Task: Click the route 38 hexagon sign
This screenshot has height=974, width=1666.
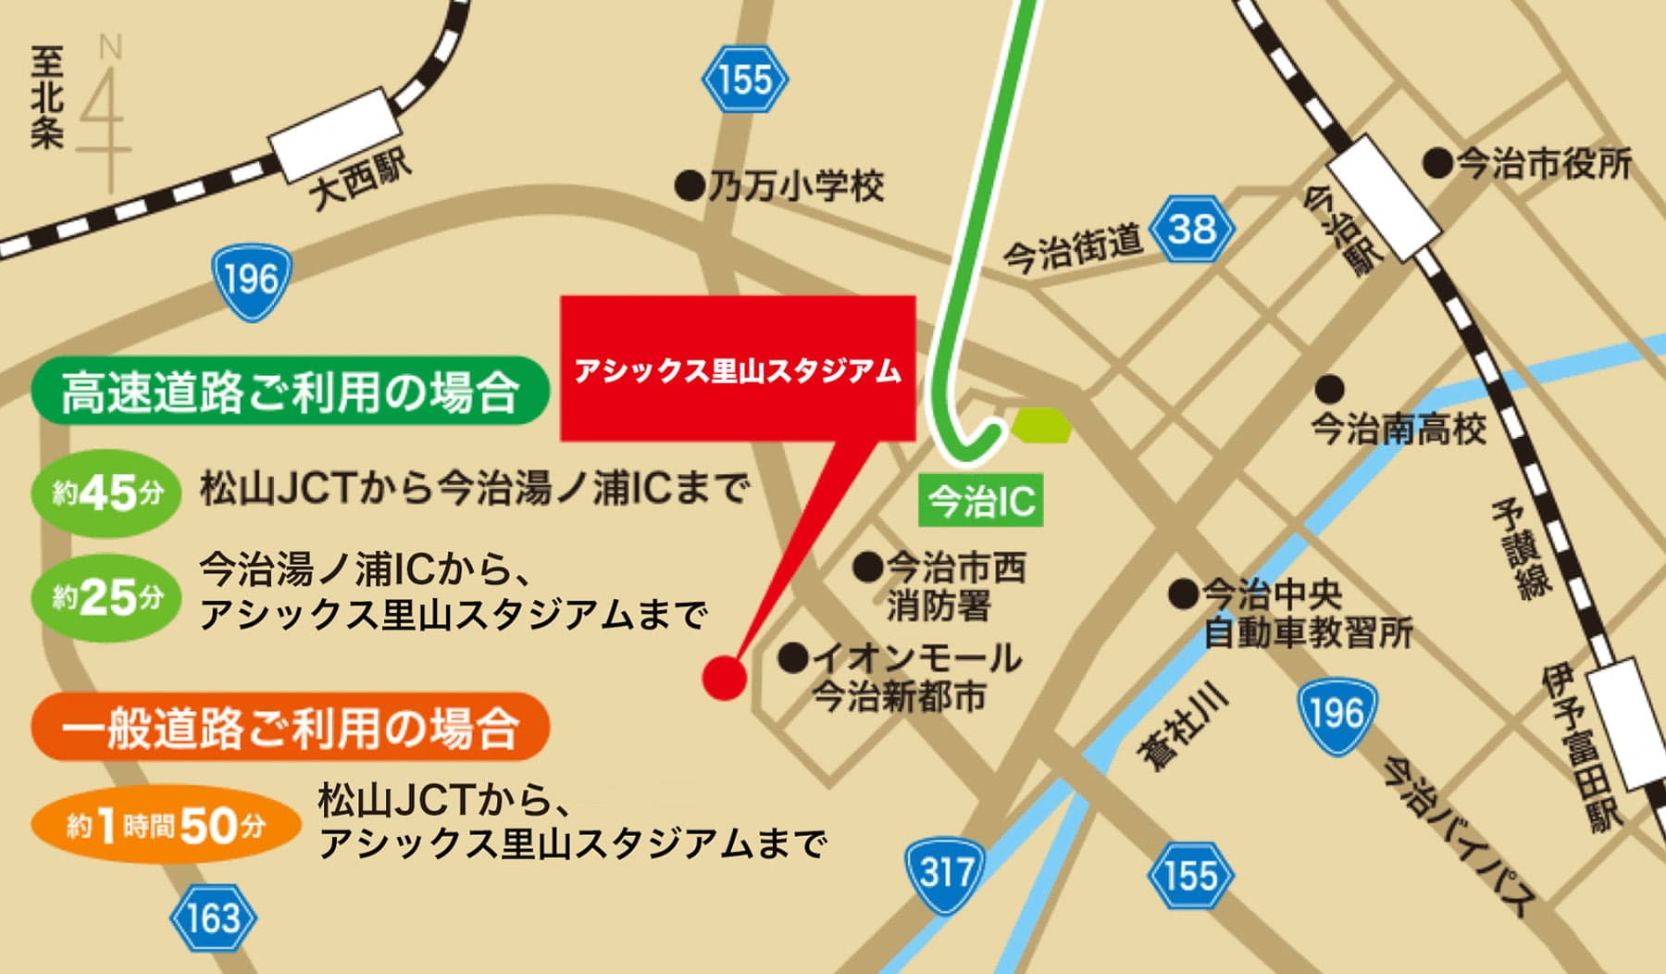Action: pos(1191,229)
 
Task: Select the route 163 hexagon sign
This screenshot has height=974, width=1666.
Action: pos(213,918)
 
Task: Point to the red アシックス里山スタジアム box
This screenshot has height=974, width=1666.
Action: pos(738,368)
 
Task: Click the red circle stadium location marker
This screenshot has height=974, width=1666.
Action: pos(724,677)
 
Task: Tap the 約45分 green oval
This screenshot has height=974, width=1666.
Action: pos(106,493)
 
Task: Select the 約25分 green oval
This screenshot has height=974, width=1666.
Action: pos(106,597)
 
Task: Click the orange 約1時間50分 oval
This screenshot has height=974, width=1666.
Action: pos(167,824)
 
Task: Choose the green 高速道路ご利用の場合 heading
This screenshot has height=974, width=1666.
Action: pos(290,392)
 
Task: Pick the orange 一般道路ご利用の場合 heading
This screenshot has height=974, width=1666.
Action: pos(290,727)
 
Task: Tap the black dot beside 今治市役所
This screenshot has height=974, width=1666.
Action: pos(1437,164)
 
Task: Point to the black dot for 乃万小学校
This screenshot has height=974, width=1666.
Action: pos(690,187)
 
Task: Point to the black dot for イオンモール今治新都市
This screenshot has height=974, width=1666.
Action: pos(793,658)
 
